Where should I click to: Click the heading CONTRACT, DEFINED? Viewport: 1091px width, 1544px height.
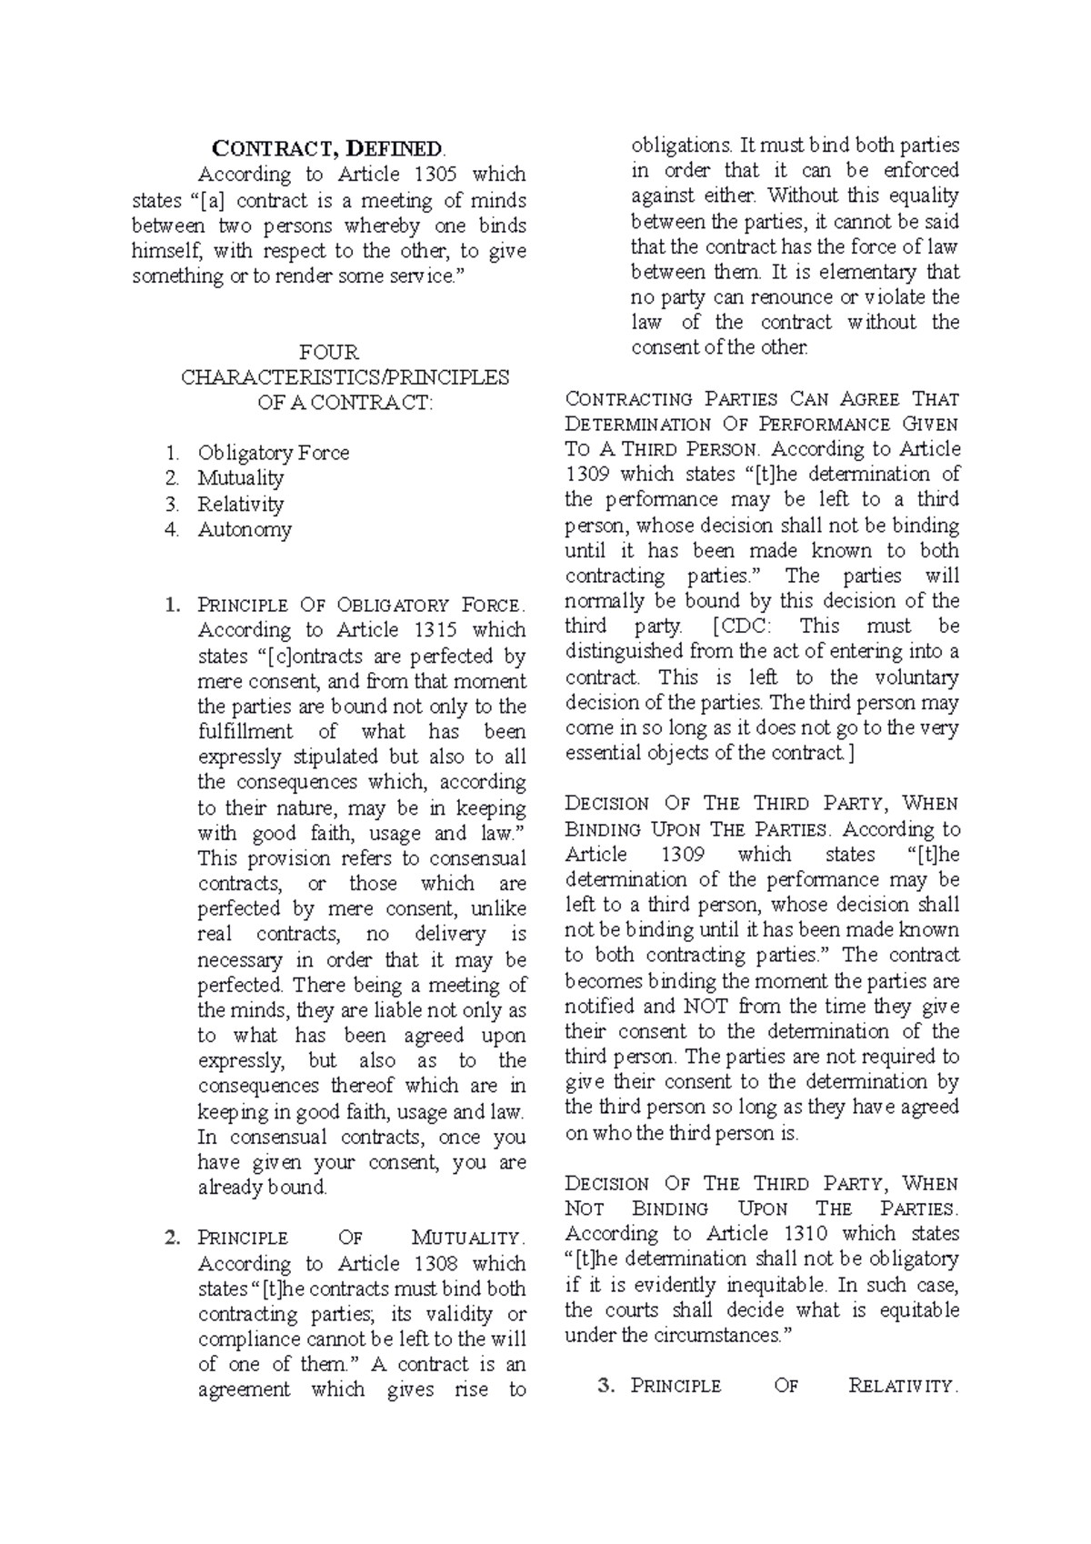330,148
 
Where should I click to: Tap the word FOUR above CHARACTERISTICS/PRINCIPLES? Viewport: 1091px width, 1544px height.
328,352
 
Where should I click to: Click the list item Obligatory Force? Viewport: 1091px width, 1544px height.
273,453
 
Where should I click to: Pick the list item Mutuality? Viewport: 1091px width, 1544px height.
240,478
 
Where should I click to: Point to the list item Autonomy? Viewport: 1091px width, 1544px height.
244,529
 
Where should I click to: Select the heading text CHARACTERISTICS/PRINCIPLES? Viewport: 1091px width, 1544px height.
345,377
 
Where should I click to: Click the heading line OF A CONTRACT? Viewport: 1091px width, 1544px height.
345,403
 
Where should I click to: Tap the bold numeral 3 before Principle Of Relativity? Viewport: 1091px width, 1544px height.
607,1387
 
